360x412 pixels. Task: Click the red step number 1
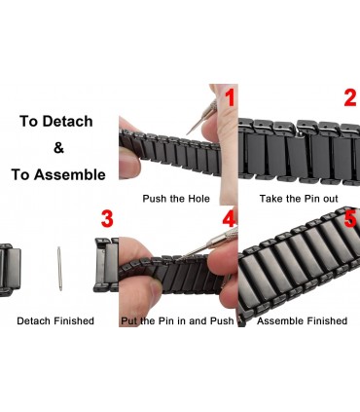(230, 98)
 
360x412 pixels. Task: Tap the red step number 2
(350, 98)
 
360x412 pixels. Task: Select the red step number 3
(107, 219)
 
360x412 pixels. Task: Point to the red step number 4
(229, 219)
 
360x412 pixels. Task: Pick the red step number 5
(350, 219)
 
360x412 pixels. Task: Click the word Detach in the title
(67, 122)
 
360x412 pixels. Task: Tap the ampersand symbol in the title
(58, 148)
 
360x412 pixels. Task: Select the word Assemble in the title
(70, 174)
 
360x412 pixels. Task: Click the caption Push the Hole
(176, 199)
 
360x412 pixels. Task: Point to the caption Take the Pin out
(299, 199)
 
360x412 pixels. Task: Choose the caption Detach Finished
(55, 320)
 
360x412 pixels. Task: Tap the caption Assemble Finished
(302, 320)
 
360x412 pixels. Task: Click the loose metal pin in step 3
(59, 268)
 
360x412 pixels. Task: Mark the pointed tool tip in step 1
(188, 133)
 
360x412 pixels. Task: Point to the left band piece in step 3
(10, 270)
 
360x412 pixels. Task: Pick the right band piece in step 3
(106, 265)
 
